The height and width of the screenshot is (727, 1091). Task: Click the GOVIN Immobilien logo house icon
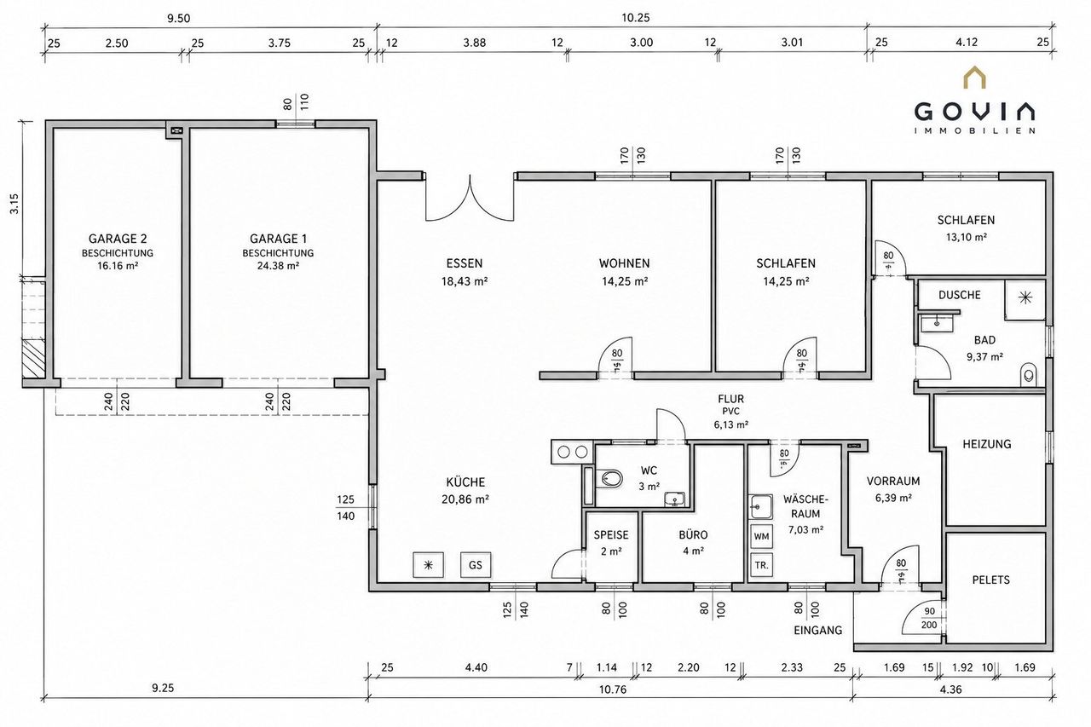pyautogui.click(x=975, y=78)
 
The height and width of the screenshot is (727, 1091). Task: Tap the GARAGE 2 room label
pyautogui.click(x=118, y=239)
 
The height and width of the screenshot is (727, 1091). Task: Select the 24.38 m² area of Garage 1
pyautogui.click(x=278, y=266)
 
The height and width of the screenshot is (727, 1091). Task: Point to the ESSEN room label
pyautogui.click(x=465, y=263)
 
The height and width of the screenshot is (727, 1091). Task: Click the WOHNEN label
pyautogui.click(x=624, y=263)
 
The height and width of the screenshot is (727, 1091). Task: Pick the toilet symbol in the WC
pyautogui.click(x=611, y=478)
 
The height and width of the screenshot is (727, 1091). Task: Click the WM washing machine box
pyautogui.click(x=761, y=536)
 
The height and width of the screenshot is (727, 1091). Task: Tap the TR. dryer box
pyautogui.click(x=761, y=565)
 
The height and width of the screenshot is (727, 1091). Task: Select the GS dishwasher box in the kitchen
pyautogui.click(x=476, y=565)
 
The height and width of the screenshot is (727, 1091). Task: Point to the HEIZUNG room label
pyautogui.click(x=987, y=444)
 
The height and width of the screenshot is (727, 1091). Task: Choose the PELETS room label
pyautogui.click(x=990, y=580)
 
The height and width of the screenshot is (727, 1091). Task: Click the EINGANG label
pyautogui.click(x=817, y=631)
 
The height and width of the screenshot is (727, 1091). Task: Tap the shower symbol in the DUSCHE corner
pyautogui.click(x=1025, y=298)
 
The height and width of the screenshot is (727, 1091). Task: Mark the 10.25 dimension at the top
pyautogui.click(x=636, y=18)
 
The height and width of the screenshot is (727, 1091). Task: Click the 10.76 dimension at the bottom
pyautogui.click(x=613, y=689)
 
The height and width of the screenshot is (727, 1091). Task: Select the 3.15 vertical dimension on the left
pyautogui.click(x=14, y=204)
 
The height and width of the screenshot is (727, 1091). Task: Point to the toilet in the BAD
pyautogui.click(x=1028, y=374)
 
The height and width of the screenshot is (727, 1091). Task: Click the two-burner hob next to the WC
pyautogui.click(x=572, y=452)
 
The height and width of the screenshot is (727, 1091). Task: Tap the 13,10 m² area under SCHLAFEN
pyautogui.click(x=967, y=238)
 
